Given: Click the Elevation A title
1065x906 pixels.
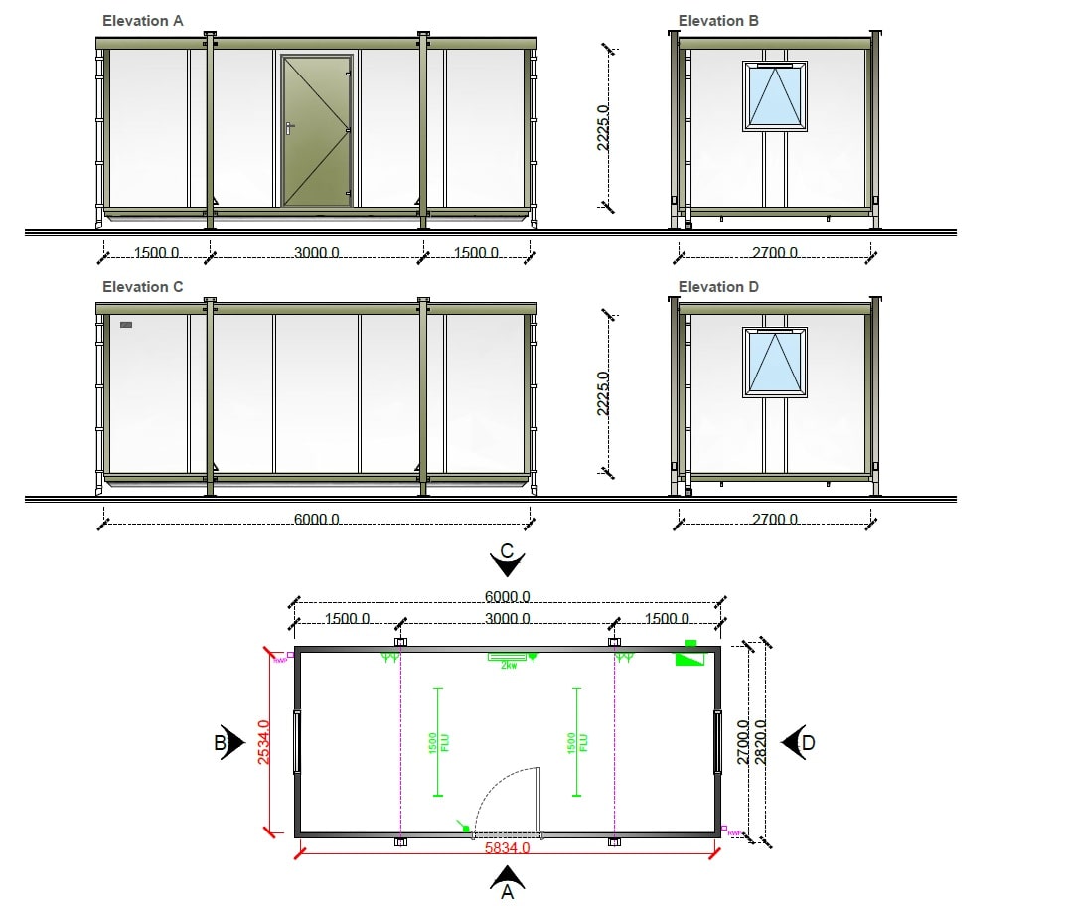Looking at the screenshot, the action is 142,21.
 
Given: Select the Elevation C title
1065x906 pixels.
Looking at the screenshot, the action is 142,287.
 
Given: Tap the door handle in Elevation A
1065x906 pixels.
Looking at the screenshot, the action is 287,127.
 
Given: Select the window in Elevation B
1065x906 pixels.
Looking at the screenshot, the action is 775,96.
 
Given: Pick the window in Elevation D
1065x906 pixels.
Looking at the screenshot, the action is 775,363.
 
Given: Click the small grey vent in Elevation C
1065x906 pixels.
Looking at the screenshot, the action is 126,325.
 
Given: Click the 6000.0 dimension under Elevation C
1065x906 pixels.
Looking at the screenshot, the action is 317,520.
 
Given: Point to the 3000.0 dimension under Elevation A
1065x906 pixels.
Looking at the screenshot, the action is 317,253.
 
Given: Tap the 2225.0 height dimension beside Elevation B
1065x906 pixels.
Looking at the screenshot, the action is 603,127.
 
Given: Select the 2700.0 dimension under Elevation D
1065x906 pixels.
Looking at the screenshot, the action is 774,520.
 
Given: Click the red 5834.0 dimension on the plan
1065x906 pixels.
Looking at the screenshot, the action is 507,849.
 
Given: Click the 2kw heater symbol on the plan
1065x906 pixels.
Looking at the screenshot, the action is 509,658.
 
